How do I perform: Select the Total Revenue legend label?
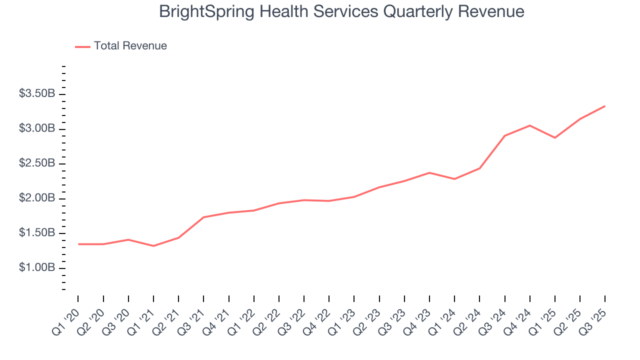[x=130, y=46]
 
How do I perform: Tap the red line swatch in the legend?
[x=82, y=46]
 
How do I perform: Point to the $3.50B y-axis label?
[x=37, y=94]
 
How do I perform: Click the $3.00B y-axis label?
[x=37, y=129]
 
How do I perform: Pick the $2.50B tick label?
[x=37, y=163]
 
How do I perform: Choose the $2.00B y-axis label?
[x=37, y=198]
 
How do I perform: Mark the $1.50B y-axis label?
[x=37, y=233]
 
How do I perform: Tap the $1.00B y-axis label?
[x=37, y=268]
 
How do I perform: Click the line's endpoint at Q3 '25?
[x=605, y=106]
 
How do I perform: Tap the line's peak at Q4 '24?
[x=530, y=125]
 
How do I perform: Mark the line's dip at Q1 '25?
[x=555, y=137]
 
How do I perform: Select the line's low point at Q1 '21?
[x=153, y=246]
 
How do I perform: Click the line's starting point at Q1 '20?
[x=78, y=244]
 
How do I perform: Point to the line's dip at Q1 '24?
[x=454, y=179]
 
